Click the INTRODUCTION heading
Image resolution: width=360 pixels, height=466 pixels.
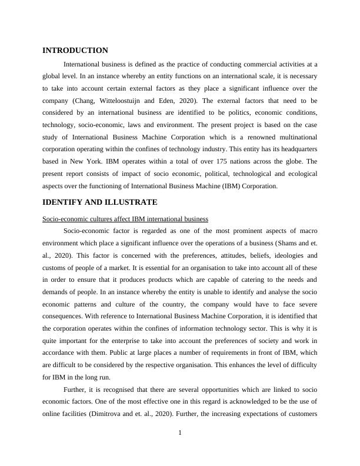click(x=75, y=51)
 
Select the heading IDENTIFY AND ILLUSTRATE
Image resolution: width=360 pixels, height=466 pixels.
click(x=99, y=202)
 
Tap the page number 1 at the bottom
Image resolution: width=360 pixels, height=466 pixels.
click(x=180, y=433)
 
